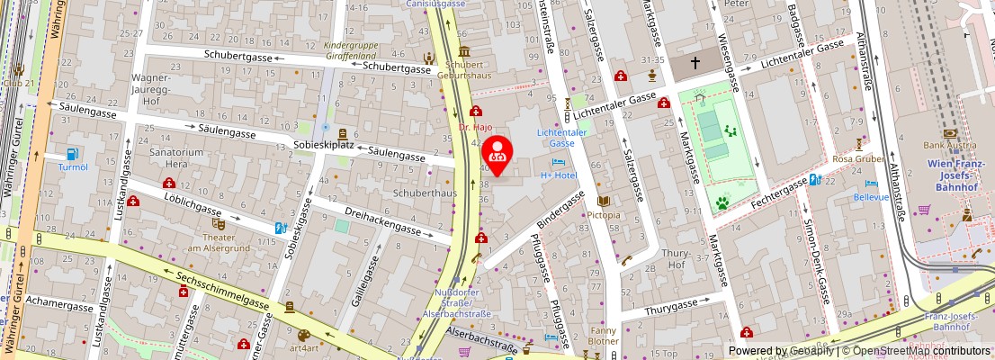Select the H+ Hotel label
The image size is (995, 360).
(x=558, y=175)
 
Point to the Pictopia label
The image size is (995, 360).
(x=603, y=216)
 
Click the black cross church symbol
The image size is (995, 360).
(x=695, y=64)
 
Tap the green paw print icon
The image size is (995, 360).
(x=722, y=203)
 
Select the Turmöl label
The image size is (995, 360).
(x=74, y=167)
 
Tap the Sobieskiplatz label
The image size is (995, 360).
(x=323, y=145)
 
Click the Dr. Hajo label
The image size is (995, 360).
(x=476, y=127)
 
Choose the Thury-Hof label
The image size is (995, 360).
(x=675, y=259)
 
